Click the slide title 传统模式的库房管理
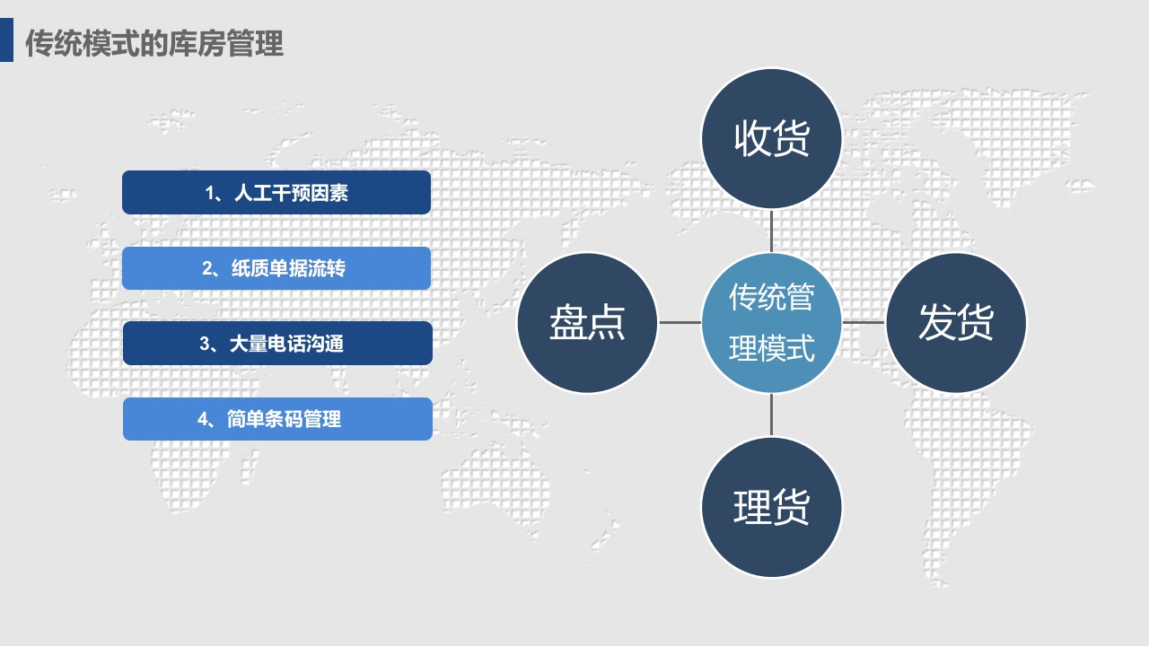click(x=153, y=43)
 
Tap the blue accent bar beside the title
click(x=6, y=40)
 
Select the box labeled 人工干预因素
click(x=276, y=192)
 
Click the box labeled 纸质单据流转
click(x=276, y=268)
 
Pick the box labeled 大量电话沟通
click(x=277, y=343)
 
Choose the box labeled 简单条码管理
click(x=277, y=419)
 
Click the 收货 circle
click(x=771, y=138)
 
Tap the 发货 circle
click(x=956, y=322)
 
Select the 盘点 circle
click(x=587, y=322)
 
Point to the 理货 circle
click(x=771, y=507)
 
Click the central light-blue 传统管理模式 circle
click(x=771, y=322)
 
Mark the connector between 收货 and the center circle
click(x=771, y=231)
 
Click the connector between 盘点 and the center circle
click(x=680, y=322)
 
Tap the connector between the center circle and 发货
click(x=864, y=322)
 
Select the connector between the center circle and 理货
click(x=771, y=415)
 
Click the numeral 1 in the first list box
click(x=210, y=193)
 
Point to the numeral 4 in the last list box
click(x=202, y=419)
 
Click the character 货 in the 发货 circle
click(x=975, y=322)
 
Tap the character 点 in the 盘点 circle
click(x=606, y=322)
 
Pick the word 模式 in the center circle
click(x=790, y=348)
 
